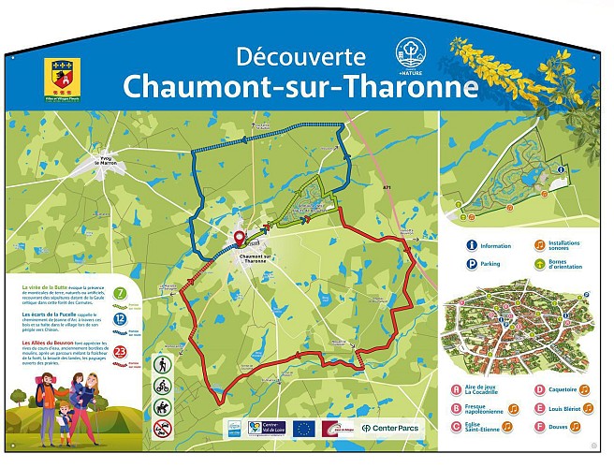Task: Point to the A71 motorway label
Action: (387, 188)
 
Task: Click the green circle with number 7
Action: (121, 294)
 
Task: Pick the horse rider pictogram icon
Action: (163, 407)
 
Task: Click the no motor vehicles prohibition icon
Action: (163, 429)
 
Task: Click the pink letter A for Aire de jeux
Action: (457, 389)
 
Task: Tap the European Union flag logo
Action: (303, 428)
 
